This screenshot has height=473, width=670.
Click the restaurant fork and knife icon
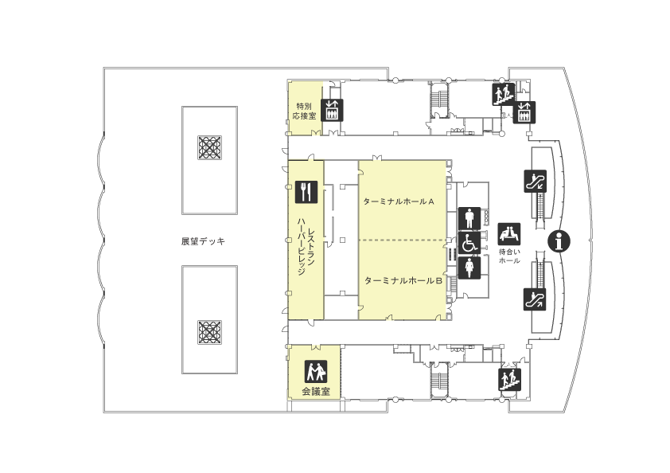pyautogui.click(x=306, y=192)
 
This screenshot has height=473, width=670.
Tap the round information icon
pyautogui.click(x=559, y=241)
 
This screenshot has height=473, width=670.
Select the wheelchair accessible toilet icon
pyautogui.click(x=469, y=243)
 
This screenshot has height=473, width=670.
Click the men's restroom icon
pyautogui.click(x=469, y=218)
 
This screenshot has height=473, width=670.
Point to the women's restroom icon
pyautogui.click(x=469, y=268)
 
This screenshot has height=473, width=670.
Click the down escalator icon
pyautogui.click(x=535, y=182)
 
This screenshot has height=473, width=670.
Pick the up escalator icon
pyautogui.click(x=535, y=299)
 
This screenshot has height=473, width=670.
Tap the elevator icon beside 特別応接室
pyautogui.click(x=332, y=111)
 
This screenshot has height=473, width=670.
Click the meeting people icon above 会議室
pyautogui.click(x=316, y=372)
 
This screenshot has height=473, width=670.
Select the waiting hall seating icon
pyautogui.click(x=509, y=234)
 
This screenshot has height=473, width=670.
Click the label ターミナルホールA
pyautogui.click(x=399, y=201)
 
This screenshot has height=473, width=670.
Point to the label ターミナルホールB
pyautogui.click(x=403, y=281)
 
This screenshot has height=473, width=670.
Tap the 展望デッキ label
pyautogui.click(x=203, y=241)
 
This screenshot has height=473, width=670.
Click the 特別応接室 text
pyautogui.click(x=304, y=111)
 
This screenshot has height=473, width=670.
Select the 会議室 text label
pyautogui.click(x=316, y=391)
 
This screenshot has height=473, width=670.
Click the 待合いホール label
pyautogui.click(x=509, y=256)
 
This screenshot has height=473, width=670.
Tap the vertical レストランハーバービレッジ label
pyautogui.click(x=306, y=246)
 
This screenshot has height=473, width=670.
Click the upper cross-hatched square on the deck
pyautogui.click(x=210, y=147)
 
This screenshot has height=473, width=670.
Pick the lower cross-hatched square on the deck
pyautogui.click(x=210, y=332)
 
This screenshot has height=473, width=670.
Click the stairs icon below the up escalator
pyautogui.click(x=509, y=380)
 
